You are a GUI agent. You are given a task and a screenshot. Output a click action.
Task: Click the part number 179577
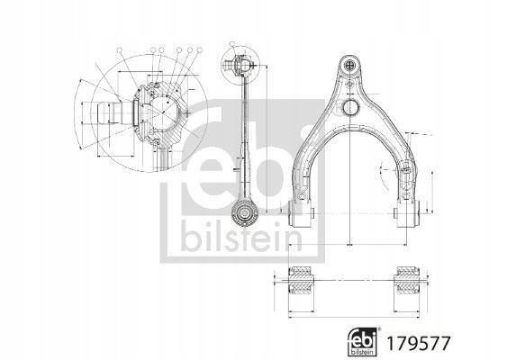coord(419,343)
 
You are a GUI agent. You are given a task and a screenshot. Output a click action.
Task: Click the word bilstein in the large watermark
coord(241,236)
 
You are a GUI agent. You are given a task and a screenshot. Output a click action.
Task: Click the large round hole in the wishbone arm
coord(350,108)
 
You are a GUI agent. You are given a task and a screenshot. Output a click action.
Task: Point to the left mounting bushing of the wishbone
coord(301,213)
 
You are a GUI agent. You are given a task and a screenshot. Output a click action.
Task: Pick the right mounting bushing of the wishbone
coord(407,213)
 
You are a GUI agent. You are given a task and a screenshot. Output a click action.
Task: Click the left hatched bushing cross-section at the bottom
coord(301,280)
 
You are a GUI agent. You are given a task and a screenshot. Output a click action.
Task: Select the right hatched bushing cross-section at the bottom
coord(407,280)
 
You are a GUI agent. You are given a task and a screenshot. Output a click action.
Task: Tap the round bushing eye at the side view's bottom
coord(245,212)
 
